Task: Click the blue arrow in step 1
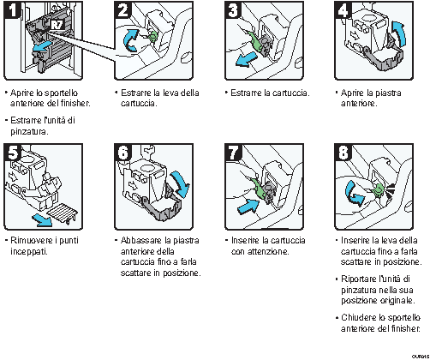(38, 58)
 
